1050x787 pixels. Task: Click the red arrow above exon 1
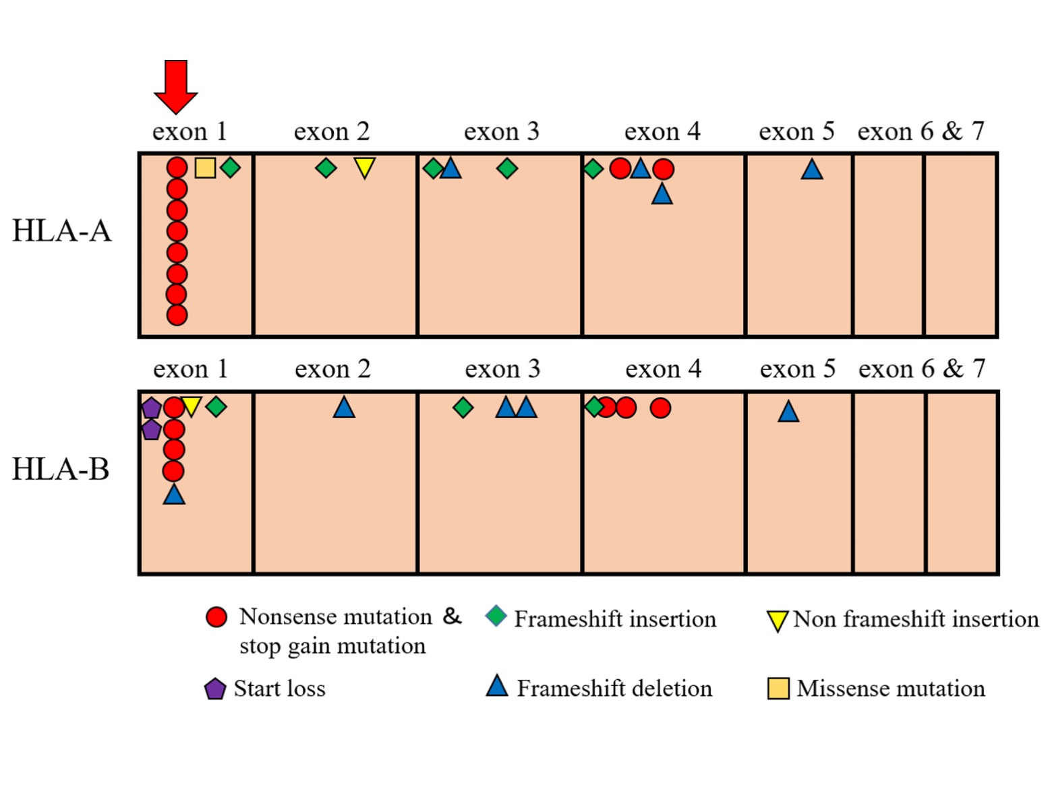(175, 86)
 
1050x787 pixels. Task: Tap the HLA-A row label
(62, 231)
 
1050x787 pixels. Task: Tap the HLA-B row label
(61, 469)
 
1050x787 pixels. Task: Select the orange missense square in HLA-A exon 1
(205, 168)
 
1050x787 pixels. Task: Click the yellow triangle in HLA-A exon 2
(365, 168)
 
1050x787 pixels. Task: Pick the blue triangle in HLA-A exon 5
(812, 170)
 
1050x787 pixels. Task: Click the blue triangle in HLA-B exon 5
(788, 412)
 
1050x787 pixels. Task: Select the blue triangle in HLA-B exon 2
(344, 407)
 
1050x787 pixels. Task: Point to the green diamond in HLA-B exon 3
(463, 408)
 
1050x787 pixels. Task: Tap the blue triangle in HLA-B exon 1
(174, 494)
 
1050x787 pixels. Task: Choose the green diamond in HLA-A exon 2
(326, 168)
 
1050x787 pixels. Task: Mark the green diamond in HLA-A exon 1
(230, 167)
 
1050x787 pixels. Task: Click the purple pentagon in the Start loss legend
(214, 689)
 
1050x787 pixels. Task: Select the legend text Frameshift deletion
(615, 689)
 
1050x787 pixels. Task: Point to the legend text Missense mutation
(891, 689)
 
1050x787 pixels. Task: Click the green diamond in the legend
(496, 616)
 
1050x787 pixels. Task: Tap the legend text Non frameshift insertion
(916, 619)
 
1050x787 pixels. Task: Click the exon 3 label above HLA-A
(502, 131)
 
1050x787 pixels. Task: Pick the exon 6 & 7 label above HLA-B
(922, 369)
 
